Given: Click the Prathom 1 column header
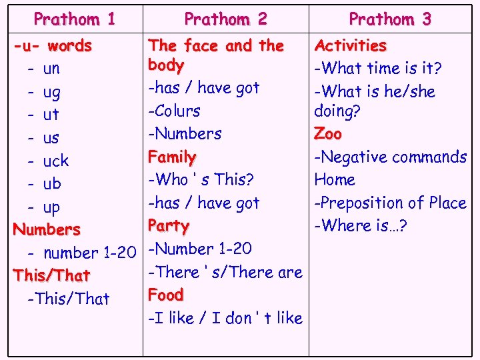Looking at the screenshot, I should click(x=75, y=19).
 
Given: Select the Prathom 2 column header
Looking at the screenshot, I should click(x=225, y=19).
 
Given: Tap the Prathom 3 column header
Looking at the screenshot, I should click(x=390, y=19).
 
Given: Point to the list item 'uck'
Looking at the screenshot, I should click(x=55, y=161).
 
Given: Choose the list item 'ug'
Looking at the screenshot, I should click(x=51, y=92).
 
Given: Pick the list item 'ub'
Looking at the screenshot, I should click(x=51, y=183).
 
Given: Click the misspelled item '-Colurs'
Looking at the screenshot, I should click(x=174, y=111).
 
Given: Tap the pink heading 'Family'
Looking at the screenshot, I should click(x=172, y=157).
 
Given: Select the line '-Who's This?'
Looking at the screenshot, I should click(x=201, y=180).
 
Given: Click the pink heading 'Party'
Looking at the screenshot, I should click(x=169, y=225).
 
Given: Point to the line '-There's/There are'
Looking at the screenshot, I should click(x=225, y=272).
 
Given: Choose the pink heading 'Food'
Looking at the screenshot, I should click(x=166, y=295).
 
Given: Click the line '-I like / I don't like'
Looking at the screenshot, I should click(x=225, y=318).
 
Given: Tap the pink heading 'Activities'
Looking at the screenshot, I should click(x=351, y=46).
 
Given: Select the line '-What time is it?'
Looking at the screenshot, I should click(x=378, y=68).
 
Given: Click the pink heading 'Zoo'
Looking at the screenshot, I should click(x=328, y=133).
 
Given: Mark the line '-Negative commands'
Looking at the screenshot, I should click(x=391, y=157).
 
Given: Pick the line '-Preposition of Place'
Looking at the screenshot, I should click(x=391, y=203).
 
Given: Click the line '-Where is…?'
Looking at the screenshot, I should click(x=361, y=225).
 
